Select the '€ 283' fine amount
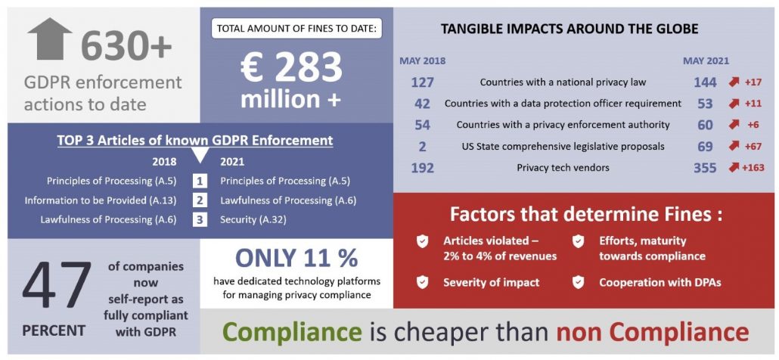(x=291, y=68)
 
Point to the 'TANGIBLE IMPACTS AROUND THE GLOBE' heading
(x=569, y=29)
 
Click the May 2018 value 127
(x=422, y=82)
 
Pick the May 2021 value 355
(x=704, y=168)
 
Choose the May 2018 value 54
(x=422, y=125)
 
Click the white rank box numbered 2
(x=199, y=200)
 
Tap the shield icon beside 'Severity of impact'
(x=422, y=282)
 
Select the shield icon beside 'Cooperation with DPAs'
(x=578, y=282)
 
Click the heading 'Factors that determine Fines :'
(x=585, y=214)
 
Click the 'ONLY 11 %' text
(x=296, y=258)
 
